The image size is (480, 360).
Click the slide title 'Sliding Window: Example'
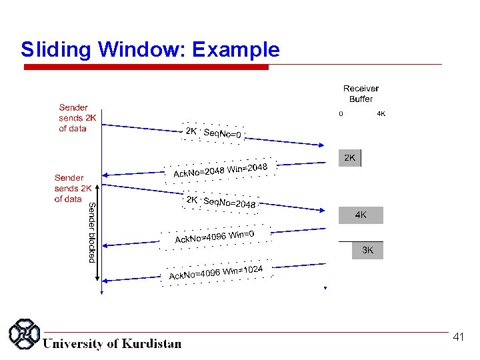(x=150, y=49)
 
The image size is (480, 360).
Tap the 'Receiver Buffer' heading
(x=361, y=93)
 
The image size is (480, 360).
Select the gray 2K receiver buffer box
(x=350, y=158)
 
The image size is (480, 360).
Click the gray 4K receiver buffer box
(x=360, y=215)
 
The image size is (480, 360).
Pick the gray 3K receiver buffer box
(x=367, y=251)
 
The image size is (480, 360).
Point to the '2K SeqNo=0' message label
(x=213, y=133)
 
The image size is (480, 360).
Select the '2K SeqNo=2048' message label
(x=220, y=201)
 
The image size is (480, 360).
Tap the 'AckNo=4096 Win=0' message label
(x=214, y=237)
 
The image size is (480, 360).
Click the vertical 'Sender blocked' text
(x=92, y=232)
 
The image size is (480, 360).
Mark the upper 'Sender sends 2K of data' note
(x=73, y=118)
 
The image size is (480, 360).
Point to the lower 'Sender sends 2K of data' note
(x=69, y=189)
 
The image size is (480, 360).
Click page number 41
(x=458, y=337)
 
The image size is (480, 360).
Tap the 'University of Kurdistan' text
(x=112, y=344)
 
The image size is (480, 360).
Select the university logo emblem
(x=24, y=334)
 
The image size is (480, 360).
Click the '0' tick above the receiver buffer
(x=341, y=114)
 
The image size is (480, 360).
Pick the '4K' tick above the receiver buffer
(x=381, y=114)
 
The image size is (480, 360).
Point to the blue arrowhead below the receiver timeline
(x=325, y=288)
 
